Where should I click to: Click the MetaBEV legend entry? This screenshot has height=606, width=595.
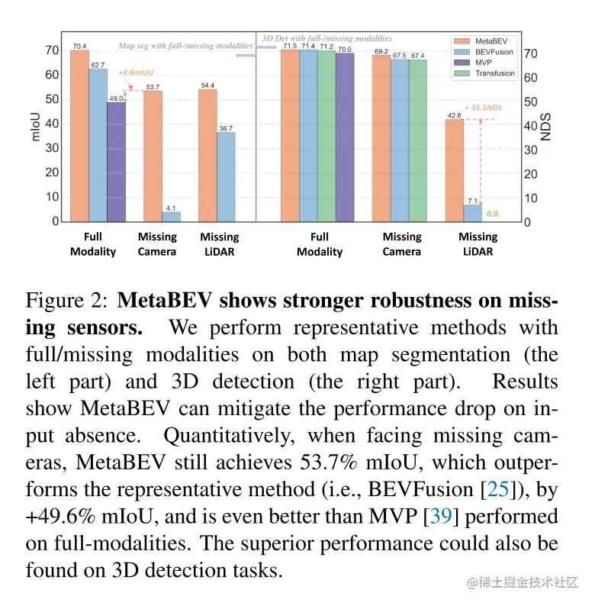(488, 40)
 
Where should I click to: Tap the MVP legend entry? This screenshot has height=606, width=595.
(483, 63)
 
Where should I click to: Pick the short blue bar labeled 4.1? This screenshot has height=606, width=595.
(171, 217)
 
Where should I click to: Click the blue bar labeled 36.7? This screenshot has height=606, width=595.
(226, 177)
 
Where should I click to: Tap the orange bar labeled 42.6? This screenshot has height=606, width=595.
(454, 171)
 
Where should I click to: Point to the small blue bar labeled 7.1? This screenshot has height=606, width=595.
(473, 214)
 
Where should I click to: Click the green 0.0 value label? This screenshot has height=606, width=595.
(492, 214)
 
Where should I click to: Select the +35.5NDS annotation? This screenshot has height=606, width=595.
(483, 108)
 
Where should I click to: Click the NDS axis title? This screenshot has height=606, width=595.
(545, 127)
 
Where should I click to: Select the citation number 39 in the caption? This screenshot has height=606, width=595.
(441, 515)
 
